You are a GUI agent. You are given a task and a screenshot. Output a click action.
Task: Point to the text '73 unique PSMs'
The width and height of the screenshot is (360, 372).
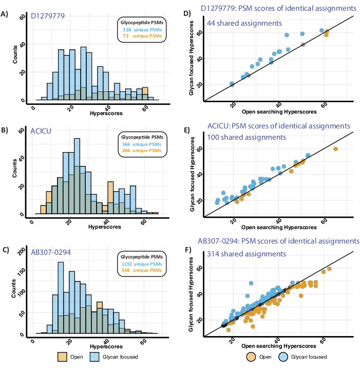[x=140, y=38]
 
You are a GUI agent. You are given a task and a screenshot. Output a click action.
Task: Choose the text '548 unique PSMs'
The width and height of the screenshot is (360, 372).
[x=140, y=271]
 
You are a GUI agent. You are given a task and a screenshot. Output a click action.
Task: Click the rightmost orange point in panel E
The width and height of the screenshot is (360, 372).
[x=336, y=149]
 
